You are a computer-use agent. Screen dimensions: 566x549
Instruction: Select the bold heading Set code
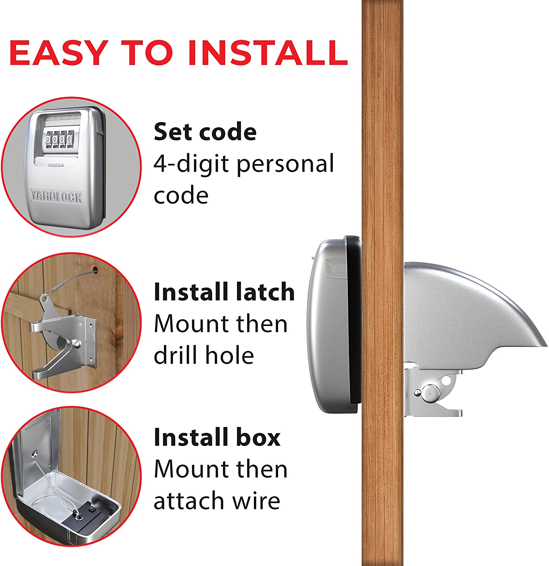click(x=205, y=132)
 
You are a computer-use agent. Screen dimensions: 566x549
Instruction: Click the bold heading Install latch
click(x=224, y=292)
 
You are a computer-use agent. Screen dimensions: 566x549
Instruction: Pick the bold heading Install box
click(x=217, y=437)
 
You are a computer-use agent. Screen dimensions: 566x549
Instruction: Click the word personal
click(x=285, y=164)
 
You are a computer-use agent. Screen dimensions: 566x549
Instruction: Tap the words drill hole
click(x=203, y=355)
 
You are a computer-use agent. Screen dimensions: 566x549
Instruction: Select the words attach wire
click(x=217, y=501)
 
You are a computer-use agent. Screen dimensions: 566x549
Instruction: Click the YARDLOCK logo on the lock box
click(x=57, y=197)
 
